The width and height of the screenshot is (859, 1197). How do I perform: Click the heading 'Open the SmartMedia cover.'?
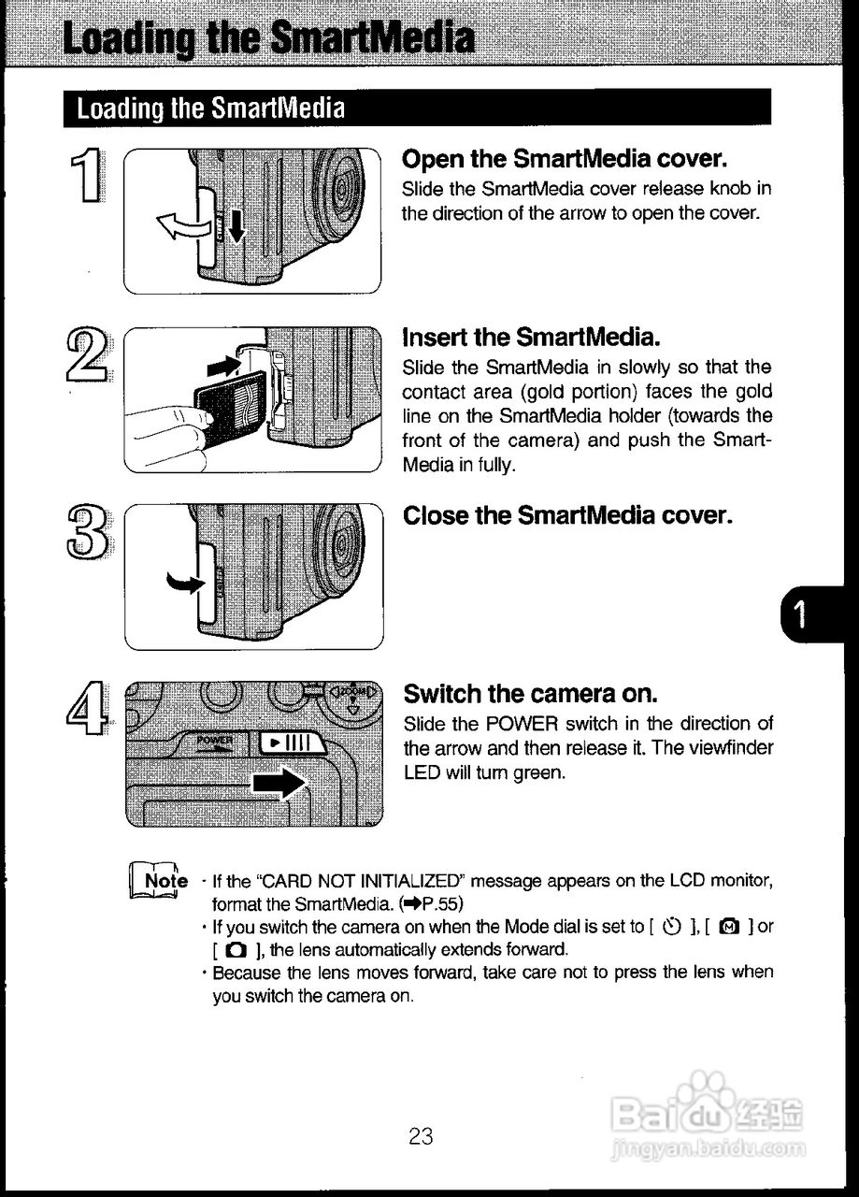pos(565,157)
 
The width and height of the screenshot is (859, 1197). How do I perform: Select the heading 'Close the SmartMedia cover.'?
pos(566,515)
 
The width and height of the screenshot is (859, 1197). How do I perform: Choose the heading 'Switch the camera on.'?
pos(531,694)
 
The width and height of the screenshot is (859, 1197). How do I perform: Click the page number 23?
pos(421,1136)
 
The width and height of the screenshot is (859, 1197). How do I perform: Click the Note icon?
pos(157,881)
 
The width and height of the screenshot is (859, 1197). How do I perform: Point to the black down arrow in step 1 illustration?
pos(236,224)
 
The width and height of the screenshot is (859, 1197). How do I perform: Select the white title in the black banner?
pos(211,108)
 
